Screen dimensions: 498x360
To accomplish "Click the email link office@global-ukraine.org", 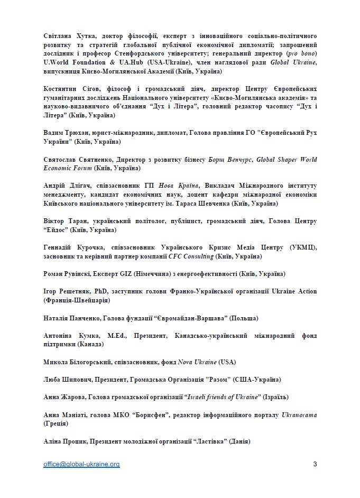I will click(x=82, y=465).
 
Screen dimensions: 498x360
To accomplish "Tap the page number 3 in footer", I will click(x=315, y=465).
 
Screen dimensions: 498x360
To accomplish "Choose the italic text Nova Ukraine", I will click(x=200, y=362).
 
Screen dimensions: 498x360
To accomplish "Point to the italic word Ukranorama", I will click(x=299, y=415).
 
